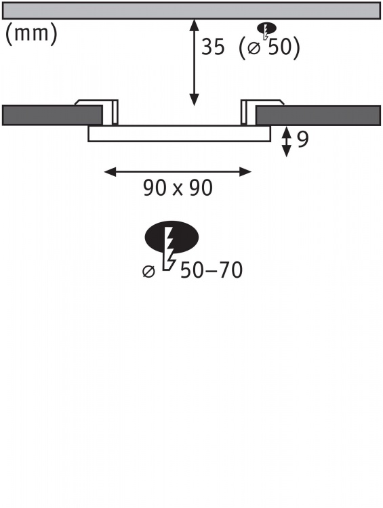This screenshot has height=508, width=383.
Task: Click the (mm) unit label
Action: point(31,34)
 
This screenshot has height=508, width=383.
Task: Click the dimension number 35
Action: point(213,46)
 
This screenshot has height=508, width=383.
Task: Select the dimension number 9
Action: point(302,140)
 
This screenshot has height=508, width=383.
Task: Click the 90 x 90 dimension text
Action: point(178,188)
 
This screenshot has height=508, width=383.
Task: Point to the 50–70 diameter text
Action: point(211,270)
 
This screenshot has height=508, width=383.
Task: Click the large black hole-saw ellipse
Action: point(172,237)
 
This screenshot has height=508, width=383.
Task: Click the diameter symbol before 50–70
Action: point(148,271)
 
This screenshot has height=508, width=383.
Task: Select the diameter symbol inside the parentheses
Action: point(254,48)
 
